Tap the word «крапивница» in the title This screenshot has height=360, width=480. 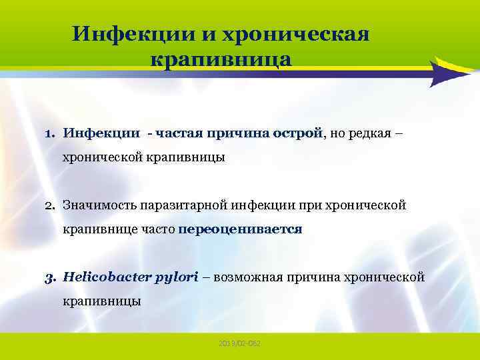click(x=221, y=59)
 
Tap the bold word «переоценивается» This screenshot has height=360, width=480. click(x=241, y=229)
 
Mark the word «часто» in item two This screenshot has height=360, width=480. click(x=158, y=229)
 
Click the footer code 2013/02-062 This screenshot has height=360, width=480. click(x=239, y=343)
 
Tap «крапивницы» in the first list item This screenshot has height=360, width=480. click(x=194, y=157)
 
